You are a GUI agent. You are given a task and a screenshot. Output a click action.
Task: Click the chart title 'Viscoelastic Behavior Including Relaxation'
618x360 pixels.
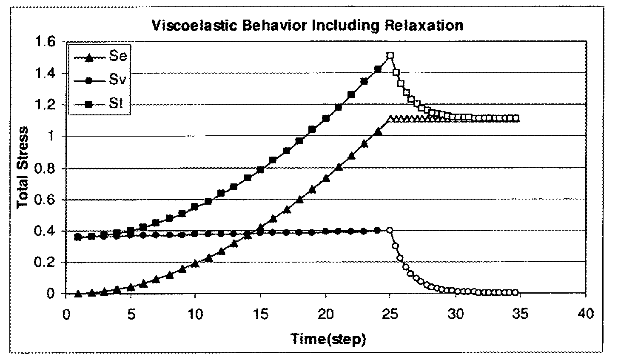point(307,26)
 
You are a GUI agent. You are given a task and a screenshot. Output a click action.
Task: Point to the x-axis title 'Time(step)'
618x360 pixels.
point(328,339)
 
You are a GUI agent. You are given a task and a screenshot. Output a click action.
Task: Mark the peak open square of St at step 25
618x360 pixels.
point(390,56)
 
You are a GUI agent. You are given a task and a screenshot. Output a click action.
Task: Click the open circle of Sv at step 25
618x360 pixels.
point(390,230)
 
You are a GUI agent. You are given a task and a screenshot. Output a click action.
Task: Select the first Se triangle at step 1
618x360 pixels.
point(78,294)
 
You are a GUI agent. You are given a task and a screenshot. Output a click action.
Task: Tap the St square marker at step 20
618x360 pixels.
point(326,119)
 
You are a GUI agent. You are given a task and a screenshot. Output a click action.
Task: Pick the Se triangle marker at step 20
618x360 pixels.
point(326,179)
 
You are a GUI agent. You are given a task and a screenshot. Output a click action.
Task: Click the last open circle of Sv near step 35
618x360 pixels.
point(515,292)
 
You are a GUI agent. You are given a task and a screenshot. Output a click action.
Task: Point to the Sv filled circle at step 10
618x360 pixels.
point(195,234)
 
